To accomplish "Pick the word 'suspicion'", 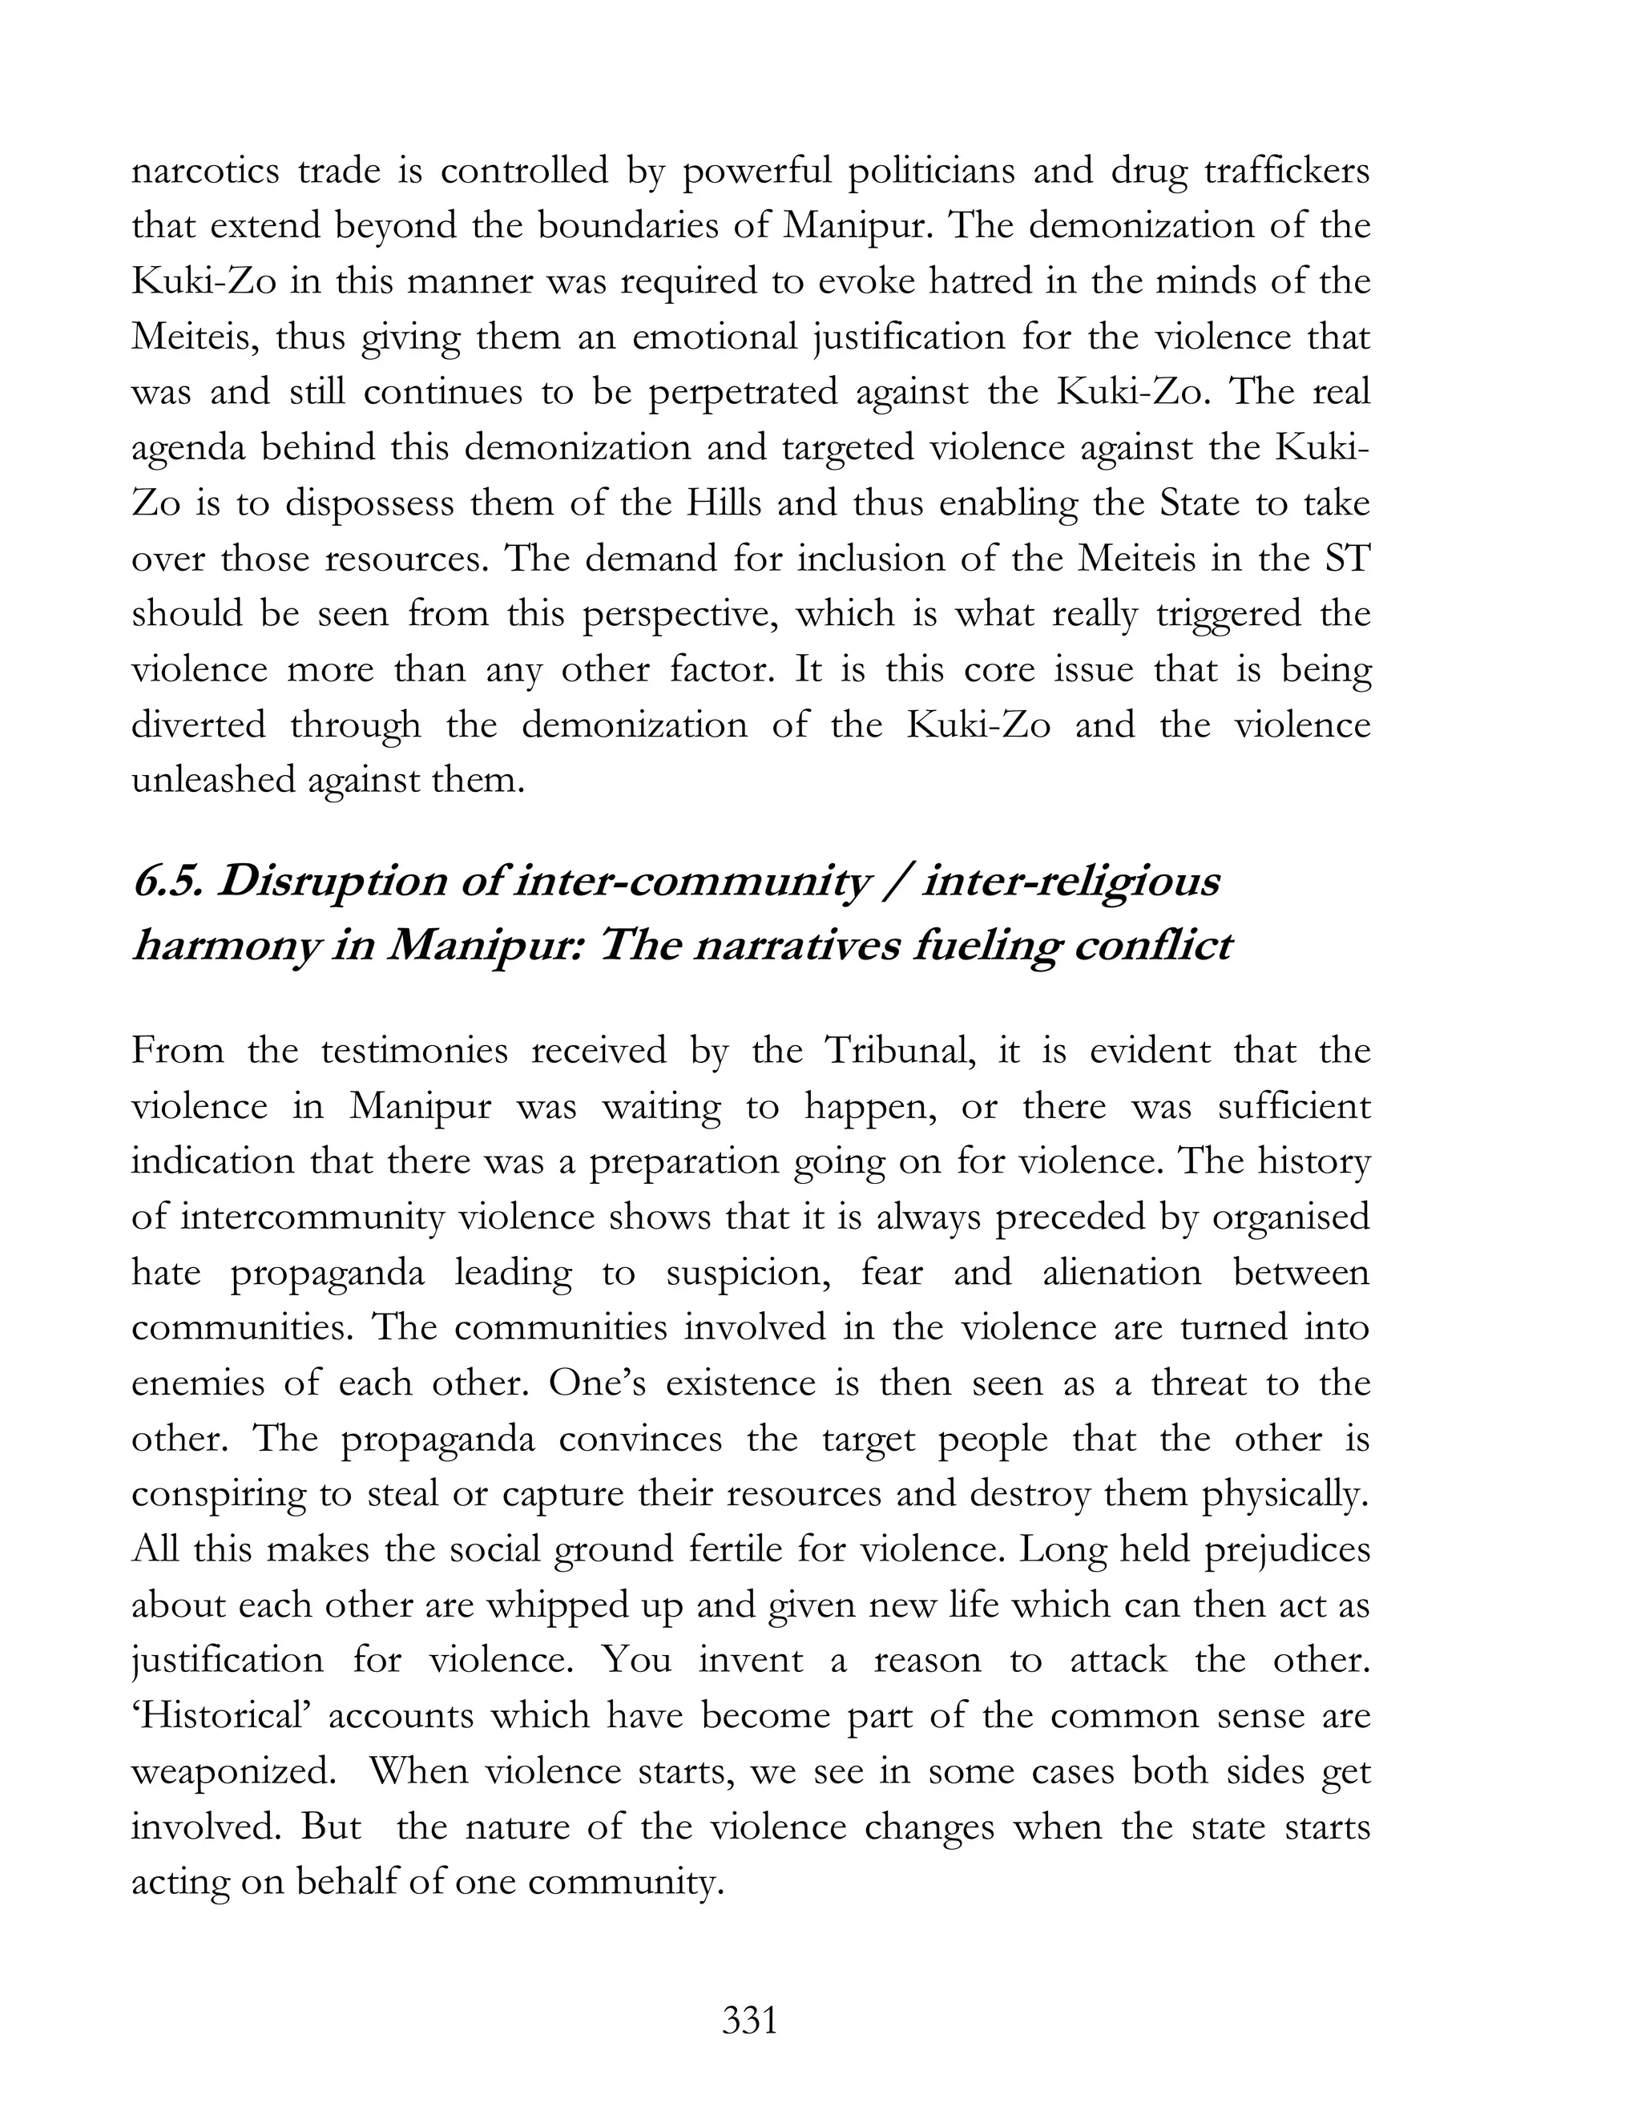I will point(747,1273).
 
